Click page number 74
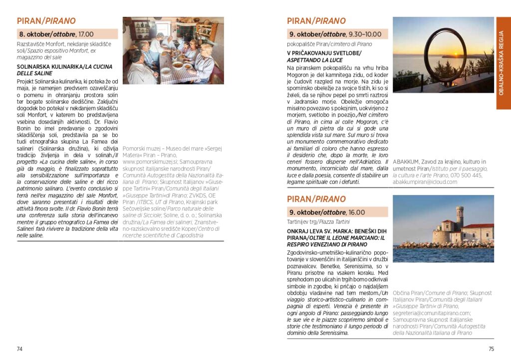[20, 349]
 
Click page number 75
[491, 349]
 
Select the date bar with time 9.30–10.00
[337, 34]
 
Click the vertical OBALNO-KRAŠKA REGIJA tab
[503, 63]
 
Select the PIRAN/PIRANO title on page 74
[46, 21]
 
